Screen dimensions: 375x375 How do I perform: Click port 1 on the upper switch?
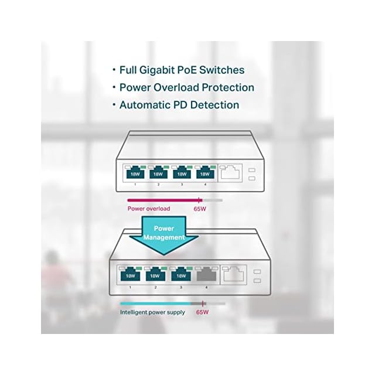pyautogui.click(x=135, y=173)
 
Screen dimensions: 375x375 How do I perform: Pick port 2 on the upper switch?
pyautogui.click(x=158, y=173)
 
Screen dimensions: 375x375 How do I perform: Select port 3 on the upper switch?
pyautogui.click(x=182, y=173)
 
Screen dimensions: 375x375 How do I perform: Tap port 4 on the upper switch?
pyautogui.click(x=205, y=173)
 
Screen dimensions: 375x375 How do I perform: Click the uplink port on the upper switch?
pyautogui.click(x=230, y=172)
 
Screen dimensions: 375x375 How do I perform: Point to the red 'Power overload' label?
pyautogui.click(x=149, y=209)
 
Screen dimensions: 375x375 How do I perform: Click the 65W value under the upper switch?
pyautogui.click(x=200, y=209)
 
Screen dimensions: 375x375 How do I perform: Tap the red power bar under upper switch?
pyautogui.click(x=165, y=200)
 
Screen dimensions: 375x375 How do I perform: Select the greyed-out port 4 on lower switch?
pyautogui.click(x=206, y=274)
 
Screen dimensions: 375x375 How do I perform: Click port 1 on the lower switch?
pyautogui.click(x=130, y=274)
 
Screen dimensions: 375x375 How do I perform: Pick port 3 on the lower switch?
pyautogui.click(x=181, y=274)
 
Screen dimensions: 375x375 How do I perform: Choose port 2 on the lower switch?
pyautogui.click(x=156, y=274)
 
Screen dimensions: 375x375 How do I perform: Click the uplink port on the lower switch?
pyautogui.click(x=233, y=274)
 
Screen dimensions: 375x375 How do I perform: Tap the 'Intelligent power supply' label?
pyautogui.click(x=152, y=312)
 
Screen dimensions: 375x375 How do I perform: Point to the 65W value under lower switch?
pyautogui.click(x=202, y=312)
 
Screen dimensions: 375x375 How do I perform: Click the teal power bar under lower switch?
pyautogui.click(x=156, y=304)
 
